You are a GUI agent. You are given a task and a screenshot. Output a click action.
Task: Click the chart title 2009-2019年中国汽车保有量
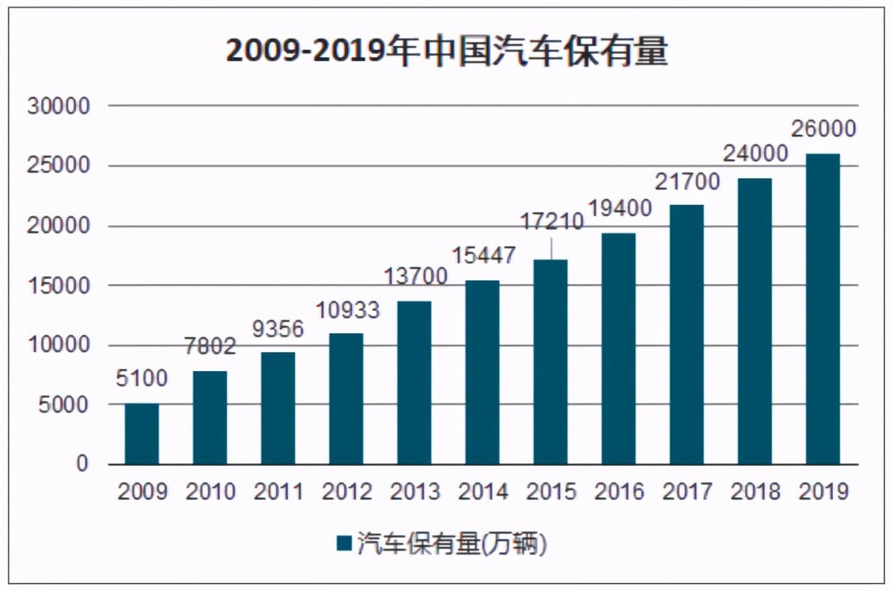[x=446, y=51]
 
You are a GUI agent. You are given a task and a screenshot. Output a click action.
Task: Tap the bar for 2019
[x=822, y=309]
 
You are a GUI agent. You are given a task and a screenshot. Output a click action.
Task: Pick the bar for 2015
[x=551, y=362]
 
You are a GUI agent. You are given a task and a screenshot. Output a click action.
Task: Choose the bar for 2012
[x=346, y=398]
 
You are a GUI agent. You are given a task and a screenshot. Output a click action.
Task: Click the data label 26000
[x=823, y=129]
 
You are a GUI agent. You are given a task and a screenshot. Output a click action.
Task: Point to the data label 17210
[x=551, y=222]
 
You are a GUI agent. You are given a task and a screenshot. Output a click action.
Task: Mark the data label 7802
[x=210, y=346]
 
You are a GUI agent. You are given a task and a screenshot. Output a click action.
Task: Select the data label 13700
[x=416, y=276]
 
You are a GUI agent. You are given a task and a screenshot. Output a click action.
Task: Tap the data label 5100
[x=142, y=378]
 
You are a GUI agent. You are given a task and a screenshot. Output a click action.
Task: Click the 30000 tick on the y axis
[x=59, y=106]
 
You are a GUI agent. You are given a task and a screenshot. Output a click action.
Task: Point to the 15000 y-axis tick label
[x=59, y=285]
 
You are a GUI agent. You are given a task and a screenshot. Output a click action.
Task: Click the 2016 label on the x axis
[x=619, y=491]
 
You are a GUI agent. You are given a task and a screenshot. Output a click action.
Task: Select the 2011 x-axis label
[x=278, y=491]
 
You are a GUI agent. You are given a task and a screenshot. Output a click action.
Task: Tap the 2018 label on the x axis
[x=755, y=491]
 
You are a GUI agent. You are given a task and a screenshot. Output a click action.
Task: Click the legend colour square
[x=344, y=543]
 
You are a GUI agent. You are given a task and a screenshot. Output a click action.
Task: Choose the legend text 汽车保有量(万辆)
[x=452, y=543]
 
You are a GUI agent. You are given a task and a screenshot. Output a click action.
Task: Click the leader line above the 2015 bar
[x=551, y=248]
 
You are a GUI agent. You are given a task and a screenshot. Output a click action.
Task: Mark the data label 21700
[x=687, y=181]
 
